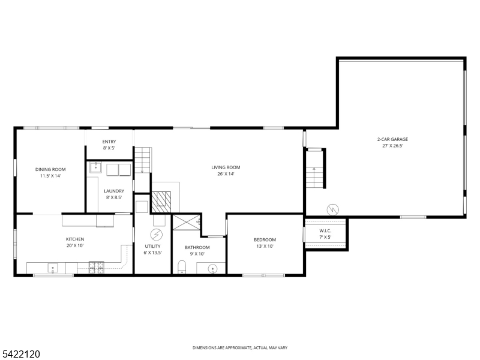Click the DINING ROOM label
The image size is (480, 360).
50,169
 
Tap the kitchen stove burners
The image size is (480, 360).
96,268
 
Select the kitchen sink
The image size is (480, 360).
53,268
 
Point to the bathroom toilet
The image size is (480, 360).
182,266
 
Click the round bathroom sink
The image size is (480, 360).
212,268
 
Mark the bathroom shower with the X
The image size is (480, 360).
186,222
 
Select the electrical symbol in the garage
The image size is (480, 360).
332,209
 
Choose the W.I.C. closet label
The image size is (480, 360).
325,230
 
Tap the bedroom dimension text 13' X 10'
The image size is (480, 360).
265,246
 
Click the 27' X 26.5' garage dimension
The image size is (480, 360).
392,146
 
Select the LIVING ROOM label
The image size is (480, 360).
226,167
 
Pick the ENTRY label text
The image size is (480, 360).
109,142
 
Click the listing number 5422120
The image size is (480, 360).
20,355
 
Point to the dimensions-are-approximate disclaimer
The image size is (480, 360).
239,348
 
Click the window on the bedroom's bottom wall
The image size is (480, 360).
263,275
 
